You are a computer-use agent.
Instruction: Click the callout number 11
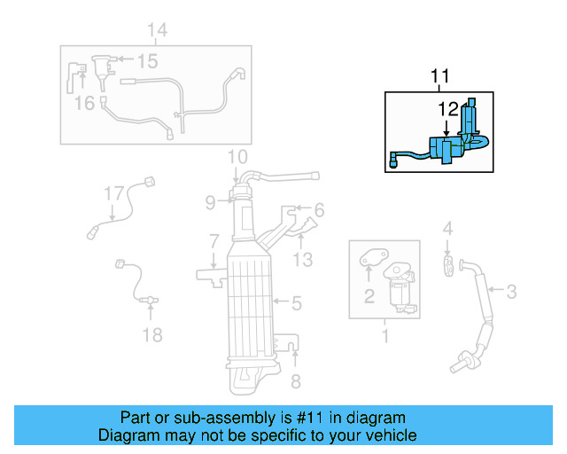439,79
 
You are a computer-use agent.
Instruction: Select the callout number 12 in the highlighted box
447,108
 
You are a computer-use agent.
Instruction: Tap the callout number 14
156,32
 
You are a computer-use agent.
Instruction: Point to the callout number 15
146,61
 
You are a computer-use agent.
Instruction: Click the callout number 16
83,104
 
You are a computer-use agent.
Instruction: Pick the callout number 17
113,192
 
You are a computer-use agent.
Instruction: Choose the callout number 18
152,334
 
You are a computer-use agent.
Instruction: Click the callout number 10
236,158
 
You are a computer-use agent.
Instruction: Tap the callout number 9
210,202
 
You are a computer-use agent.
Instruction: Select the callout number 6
319,210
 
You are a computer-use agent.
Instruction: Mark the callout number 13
303,259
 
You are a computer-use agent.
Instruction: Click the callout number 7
214,241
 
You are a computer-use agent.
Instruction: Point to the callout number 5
297,304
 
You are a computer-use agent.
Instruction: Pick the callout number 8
296,382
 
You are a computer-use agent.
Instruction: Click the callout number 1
384,336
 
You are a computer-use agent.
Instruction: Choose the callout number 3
511,290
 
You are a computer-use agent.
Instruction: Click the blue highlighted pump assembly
447,146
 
